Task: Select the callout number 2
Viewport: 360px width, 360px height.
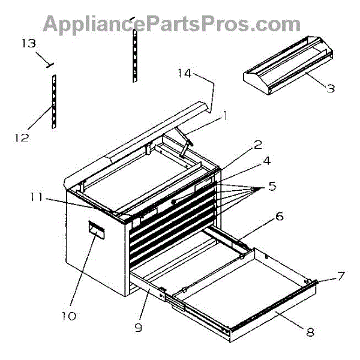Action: coord(257,145)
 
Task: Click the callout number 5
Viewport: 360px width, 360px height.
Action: coord(272,187)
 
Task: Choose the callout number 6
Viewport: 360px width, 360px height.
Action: coord(280,217)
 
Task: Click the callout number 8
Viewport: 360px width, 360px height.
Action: coord(310,331)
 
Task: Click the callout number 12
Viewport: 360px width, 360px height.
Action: coord(22,137)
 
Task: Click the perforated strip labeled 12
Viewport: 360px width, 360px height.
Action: coord(53,102)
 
